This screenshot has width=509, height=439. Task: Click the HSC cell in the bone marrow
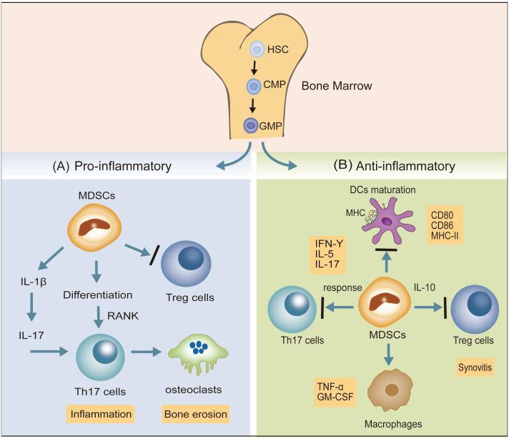click(x=257, y=50)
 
